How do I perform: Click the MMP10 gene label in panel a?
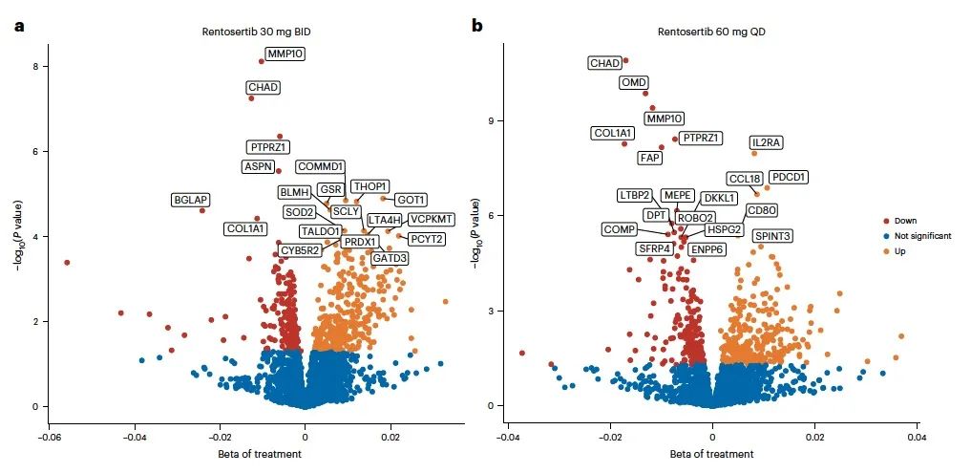click(285, 54)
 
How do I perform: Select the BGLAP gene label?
click(191, 200)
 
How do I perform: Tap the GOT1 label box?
click(411, 200)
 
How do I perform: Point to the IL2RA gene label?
click(766, 142)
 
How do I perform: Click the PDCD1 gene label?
click(790, 177)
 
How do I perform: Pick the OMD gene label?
click(634, 82)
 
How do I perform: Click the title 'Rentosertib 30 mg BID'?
click(256, 32)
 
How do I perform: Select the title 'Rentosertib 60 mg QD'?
click(711, 32)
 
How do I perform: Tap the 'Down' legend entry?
click(907, 219)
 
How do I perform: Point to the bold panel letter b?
click(477, 26)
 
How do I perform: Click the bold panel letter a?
click(19, 26)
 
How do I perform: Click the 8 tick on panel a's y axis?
click(32, 67)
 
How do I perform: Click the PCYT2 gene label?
click(426, 239)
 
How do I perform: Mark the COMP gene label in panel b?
click(619, 229)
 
